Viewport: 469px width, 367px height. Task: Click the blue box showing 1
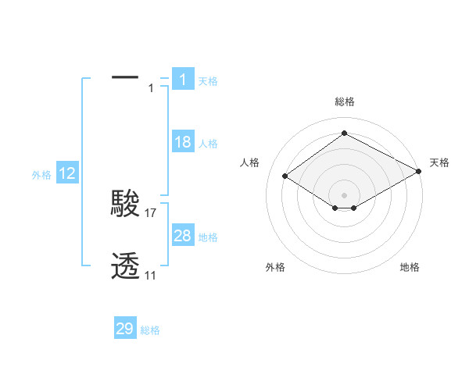(182, 79)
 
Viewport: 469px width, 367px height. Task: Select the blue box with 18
(182, 142)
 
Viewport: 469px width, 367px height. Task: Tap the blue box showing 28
(182, 236)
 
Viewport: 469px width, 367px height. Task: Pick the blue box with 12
(67, 174)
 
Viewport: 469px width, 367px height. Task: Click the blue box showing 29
(125, 329)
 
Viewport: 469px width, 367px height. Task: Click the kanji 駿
(125, 204)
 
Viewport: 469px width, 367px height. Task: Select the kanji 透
(125, 266)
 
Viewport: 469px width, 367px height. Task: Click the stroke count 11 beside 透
(150, 275)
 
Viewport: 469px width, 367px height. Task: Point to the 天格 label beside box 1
(208, 80)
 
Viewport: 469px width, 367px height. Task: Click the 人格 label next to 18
(208, 144)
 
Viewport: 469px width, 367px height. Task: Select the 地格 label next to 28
(208, 237)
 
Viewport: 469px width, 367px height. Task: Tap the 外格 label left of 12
(41, 176)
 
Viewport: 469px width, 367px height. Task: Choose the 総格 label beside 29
(150, 330)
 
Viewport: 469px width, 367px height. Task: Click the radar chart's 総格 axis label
(344, 102)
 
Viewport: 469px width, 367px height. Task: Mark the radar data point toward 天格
(420, 173)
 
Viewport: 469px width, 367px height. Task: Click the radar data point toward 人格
(285, 176)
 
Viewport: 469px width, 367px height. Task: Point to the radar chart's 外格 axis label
(275, 268)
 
